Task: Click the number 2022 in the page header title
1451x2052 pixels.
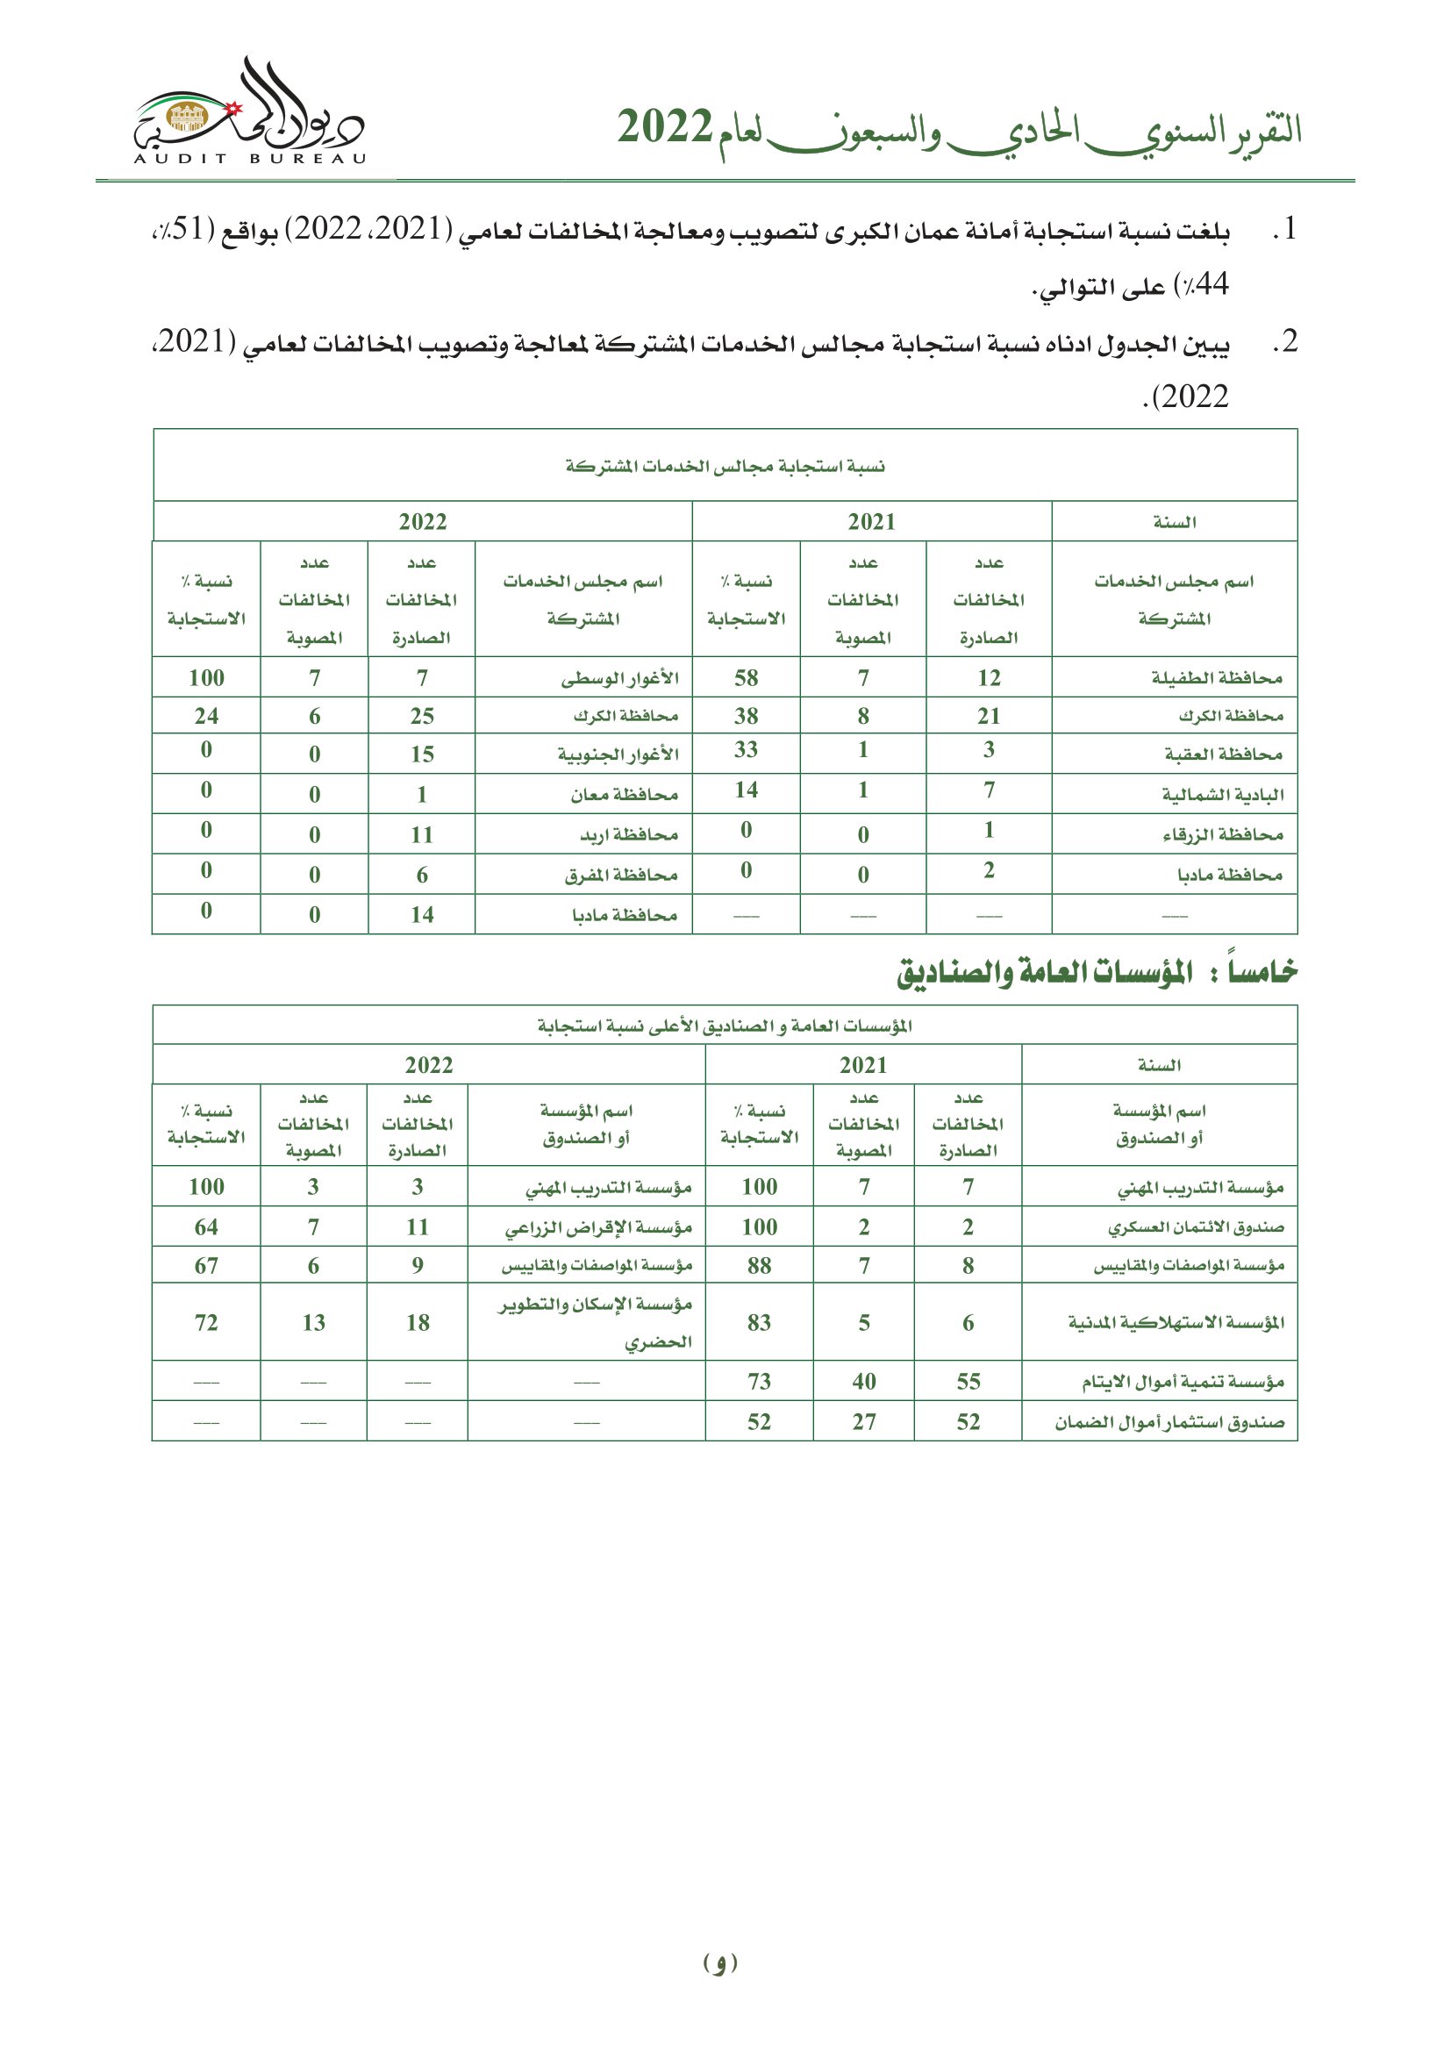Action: tap(665, 128)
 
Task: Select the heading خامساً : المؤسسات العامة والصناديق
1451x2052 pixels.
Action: tap(1097, 971)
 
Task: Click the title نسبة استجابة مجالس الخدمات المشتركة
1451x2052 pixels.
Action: tap(725, 466)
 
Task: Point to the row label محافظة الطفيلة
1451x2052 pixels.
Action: tap(1216, 677)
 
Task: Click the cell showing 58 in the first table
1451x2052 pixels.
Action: tap(746, 677)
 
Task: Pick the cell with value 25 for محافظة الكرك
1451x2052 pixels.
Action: tap(422, 716)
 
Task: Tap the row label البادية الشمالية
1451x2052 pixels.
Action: tap(1222, 794)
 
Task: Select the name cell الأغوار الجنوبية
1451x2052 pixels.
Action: tap(618, 754)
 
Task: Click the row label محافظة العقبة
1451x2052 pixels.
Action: tap(1223, 754)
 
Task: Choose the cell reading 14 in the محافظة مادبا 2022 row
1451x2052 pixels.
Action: tap(422, 914)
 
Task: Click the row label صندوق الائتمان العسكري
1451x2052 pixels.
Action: tap(1196, 1227)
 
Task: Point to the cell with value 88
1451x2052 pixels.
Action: tap(759, 1266)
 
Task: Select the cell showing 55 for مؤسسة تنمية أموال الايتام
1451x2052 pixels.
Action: tap(968, 1381)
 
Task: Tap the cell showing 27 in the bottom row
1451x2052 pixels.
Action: tap(863, 1421)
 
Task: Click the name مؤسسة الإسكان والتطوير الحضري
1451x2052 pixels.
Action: tap(595, 1322)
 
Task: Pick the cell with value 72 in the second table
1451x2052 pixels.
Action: tap(206, 1322)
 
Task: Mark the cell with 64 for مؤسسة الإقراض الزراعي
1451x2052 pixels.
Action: tap(206, 1227)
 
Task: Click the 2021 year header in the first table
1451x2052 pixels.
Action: tap(871, 522)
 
